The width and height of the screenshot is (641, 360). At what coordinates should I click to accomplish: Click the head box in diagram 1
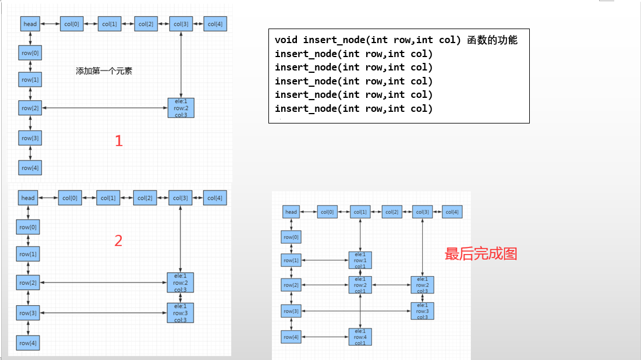tap(30, 24)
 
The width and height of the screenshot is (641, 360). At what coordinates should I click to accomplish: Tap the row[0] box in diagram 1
tap(30, 53)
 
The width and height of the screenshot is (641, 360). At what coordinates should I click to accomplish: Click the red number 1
tap(119, 141)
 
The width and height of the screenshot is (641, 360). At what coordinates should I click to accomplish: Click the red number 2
tap(118, 241)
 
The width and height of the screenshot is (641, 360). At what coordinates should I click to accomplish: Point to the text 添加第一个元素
tap(104, 71)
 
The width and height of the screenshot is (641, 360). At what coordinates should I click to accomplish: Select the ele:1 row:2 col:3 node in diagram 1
tap(181, 107)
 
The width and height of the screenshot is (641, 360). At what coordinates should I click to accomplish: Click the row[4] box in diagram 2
tap(28, 343)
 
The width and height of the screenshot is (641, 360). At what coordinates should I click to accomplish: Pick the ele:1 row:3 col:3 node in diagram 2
tap(180, 313)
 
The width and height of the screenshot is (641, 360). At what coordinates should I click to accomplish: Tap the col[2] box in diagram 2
tap(145, 198)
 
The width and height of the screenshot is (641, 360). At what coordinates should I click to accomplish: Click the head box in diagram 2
tap(28, 198)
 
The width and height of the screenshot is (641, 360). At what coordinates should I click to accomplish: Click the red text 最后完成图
tap(481, 254)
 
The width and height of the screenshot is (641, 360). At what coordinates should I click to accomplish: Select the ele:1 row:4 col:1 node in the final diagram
tap(360, 337)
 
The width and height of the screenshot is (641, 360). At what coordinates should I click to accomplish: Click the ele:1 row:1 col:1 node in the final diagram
tap(360, 260)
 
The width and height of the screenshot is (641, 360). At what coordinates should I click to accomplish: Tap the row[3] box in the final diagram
tap(291, 311)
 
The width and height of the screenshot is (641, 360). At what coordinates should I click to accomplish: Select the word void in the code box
tap(286, 40)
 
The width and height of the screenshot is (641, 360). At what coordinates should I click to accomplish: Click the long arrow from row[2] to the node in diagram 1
tap(105, 108)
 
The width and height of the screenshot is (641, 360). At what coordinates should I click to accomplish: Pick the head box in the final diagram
tap(292, 212)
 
